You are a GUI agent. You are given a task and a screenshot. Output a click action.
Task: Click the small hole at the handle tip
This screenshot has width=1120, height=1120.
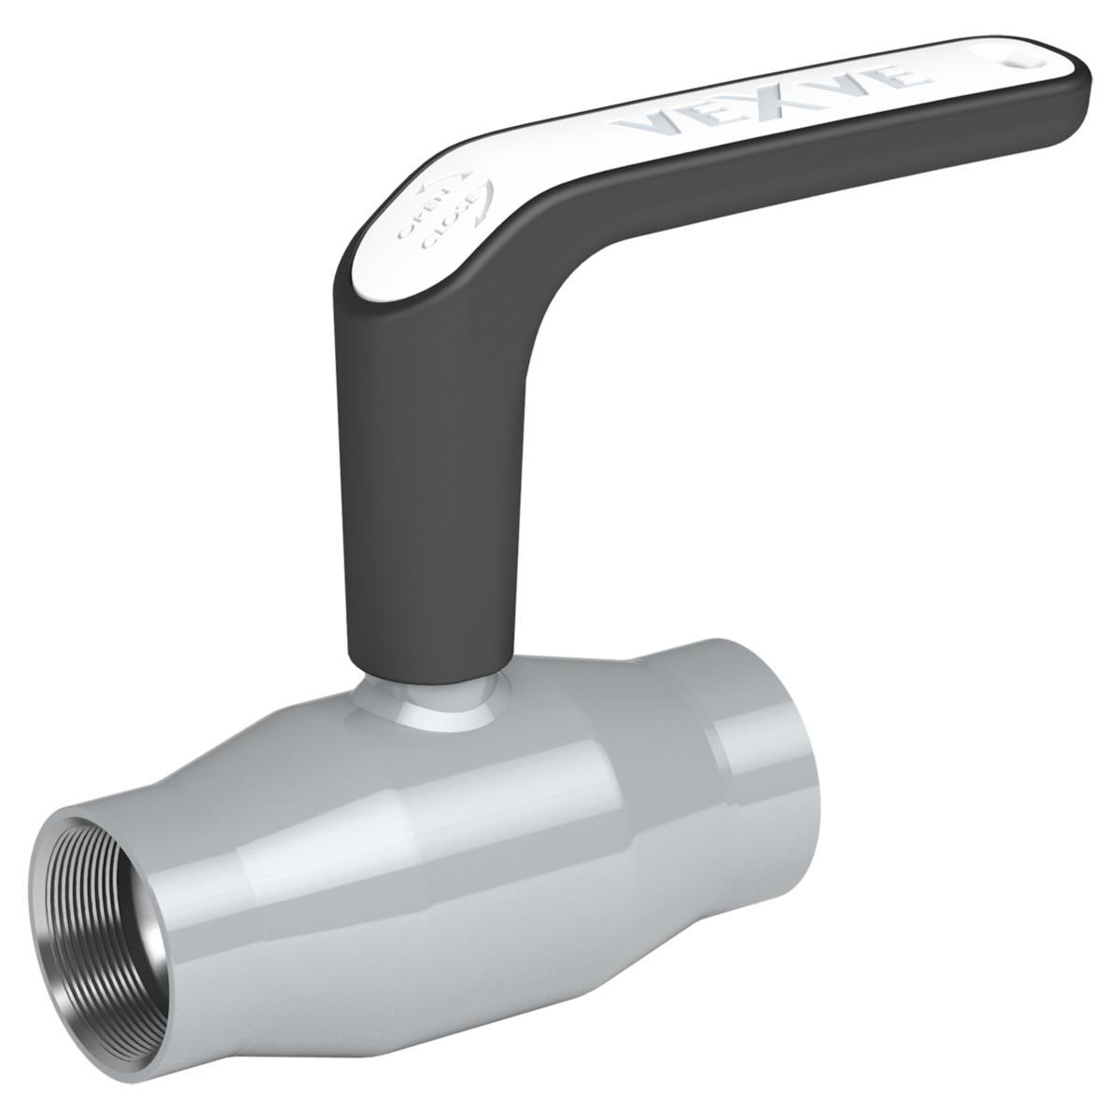point(1014,63)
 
